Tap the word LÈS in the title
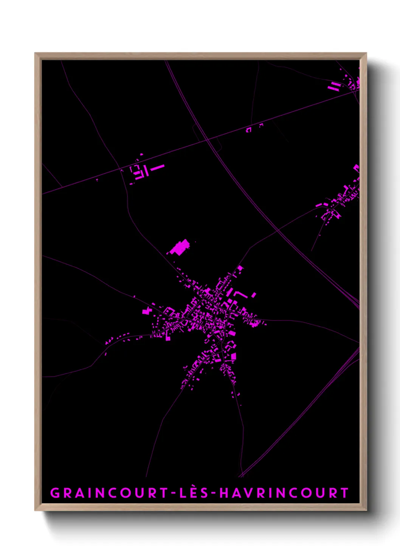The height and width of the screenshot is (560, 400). pos(194,493)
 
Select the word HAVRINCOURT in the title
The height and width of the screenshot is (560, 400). pos(284,493)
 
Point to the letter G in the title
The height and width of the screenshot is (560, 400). pos(55,493)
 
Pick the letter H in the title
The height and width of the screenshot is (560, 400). pos(225,493)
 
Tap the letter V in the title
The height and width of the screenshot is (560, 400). pos(250,493)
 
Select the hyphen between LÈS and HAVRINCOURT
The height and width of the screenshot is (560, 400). pos(214,493)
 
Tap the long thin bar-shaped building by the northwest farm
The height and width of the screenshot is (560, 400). pos(157,167)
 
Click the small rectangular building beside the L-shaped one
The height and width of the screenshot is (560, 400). pos(254,295)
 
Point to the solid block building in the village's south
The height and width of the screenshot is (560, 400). pos(233,356)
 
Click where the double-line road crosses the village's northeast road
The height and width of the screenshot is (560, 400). pos(278,230)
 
